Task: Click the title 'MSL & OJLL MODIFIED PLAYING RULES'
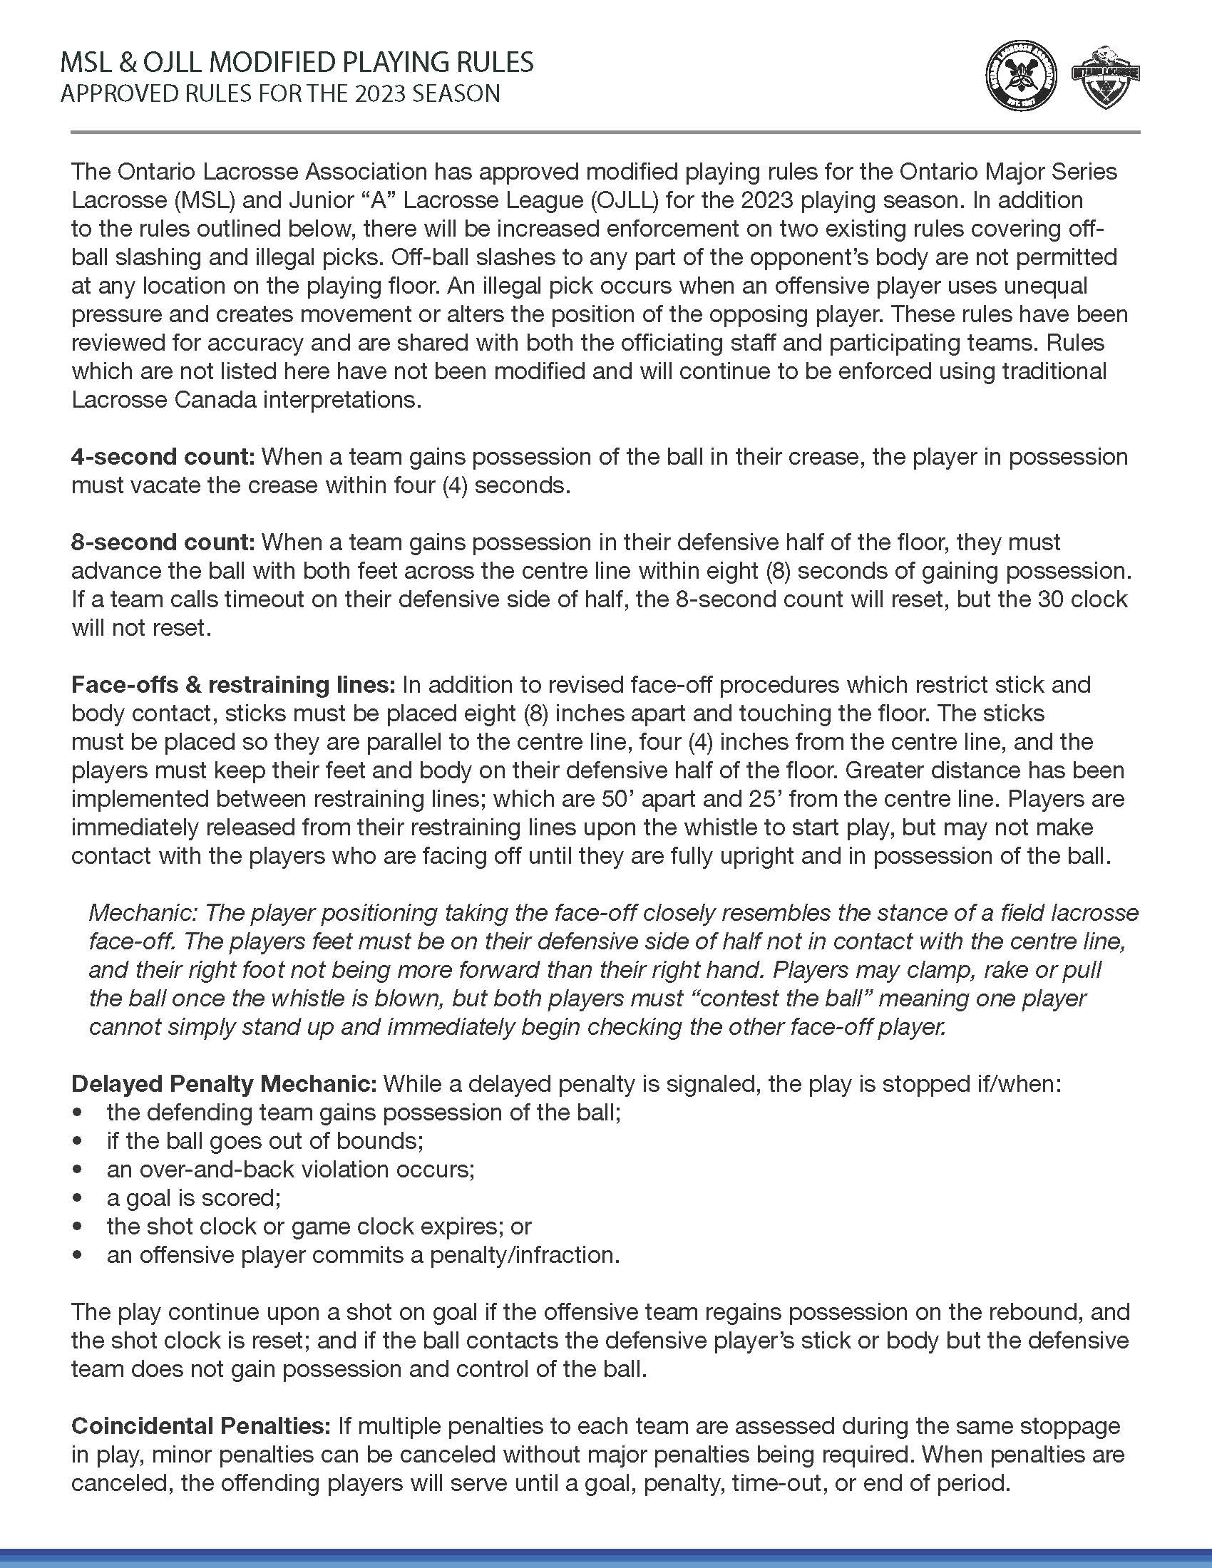point(297,63)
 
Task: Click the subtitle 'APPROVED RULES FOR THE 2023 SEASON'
point(280,94)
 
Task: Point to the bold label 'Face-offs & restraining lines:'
point(233,684)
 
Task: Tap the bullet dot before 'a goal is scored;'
point(77,1198)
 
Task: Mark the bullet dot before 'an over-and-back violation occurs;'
point(77,1170)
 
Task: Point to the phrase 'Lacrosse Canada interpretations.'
point(246,400)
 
